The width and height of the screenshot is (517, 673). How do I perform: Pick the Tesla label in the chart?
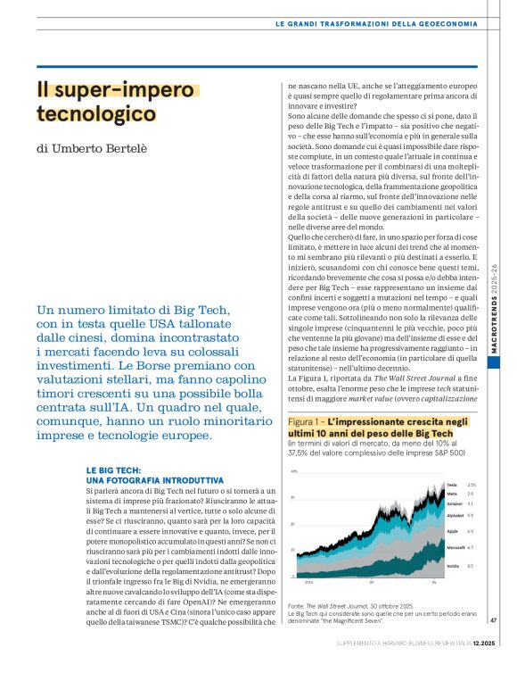452,485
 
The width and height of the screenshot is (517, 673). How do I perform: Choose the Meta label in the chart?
452,493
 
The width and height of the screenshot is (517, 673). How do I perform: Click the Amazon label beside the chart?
455,503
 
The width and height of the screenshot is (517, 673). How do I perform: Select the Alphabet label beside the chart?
455,515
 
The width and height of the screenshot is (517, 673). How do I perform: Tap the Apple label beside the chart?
452,531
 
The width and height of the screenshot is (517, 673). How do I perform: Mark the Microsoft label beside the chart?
455,546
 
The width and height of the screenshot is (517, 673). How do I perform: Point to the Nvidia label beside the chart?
453,566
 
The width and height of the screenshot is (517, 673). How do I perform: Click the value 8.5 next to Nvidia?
472,566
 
